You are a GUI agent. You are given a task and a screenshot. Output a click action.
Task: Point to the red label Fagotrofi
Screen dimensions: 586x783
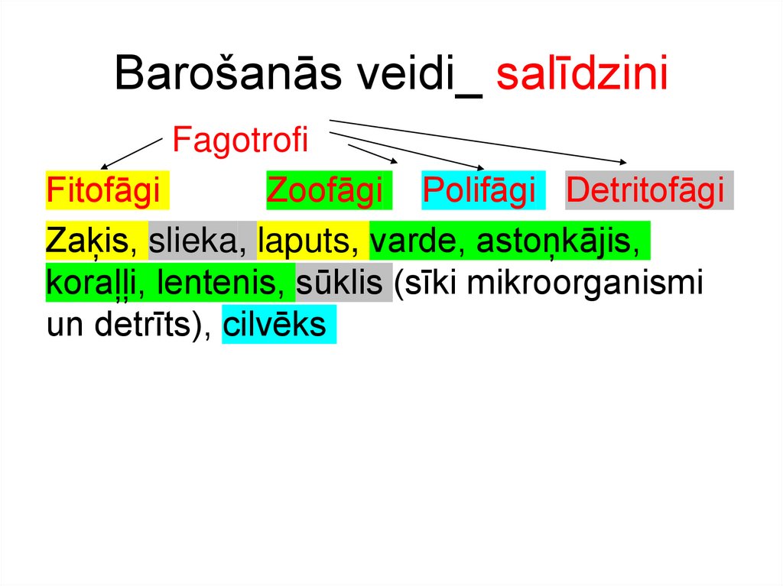[x=239, y=141]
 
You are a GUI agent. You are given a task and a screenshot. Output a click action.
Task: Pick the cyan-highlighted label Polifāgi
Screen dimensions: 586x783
[x=480, y=191]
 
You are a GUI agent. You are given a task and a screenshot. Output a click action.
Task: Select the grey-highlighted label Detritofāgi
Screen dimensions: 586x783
[x=646, y=191]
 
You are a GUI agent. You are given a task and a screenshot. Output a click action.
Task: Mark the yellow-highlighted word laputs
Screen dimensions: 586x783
[x=308, y=241]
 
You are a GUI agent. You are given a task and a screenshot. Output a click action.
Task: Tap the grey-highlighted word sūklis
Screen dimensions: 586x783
[x=341, y=283]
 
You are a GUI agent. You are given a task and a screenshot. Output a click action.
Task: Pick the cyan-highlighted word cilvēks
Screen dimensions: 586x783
[x=275, y=325]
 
